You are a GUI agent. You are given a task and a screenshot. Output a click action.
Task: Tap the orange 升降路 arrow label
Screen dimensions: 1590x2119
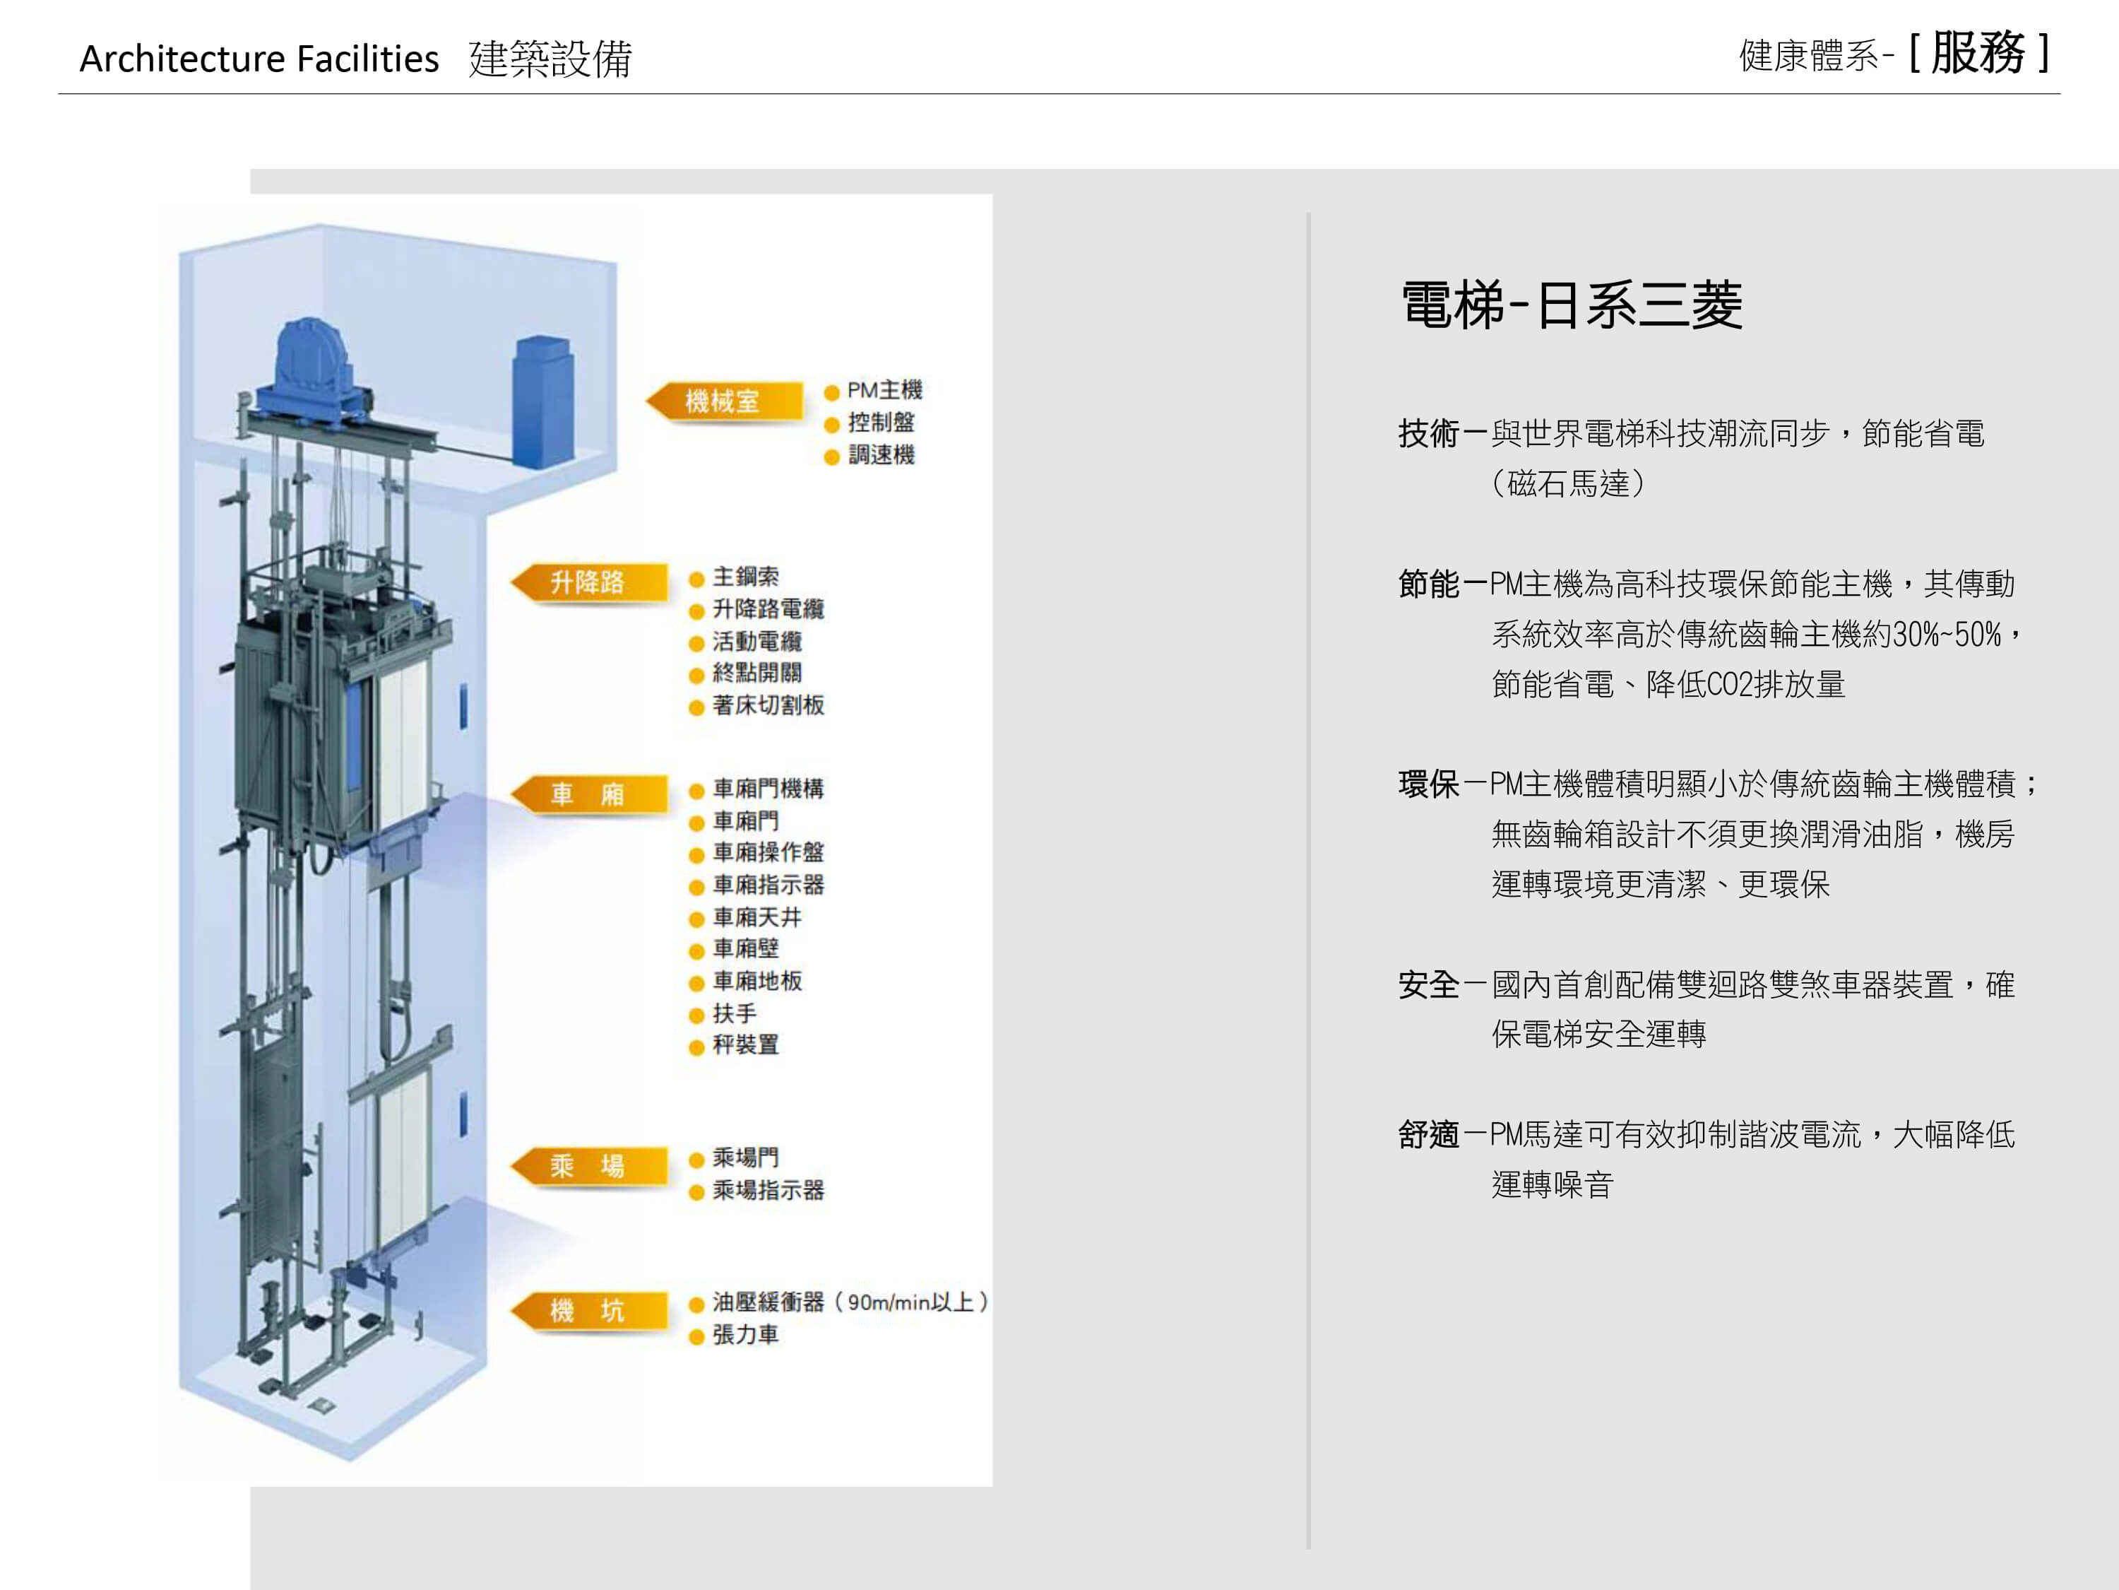[588, 582]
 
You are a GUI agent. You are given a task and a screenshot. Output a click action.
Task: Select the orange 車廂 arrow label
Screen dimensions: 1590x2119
[588, 794]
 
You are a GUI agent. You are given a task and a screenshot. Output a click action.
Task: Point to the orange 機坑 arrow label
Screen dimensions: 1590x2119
[588, 1310]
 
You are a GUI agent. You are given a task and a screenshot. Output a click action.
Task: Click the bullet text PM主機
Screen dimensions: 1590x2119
[884, 390]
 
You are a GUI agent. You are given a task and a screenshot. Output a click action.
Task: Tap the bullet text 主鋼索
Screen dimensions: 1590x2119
[745, 576]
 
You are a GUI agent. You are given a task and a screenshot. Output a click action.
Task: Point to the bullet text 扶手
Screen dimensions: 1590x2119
[735, 1013]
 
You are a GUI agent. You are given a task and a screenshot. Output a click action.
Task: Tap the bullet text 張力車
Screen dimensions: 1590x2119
[745, 1334]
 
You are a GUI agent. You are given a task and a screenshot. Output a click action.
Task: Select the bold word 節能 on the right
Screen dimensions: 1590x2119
[1428, 584]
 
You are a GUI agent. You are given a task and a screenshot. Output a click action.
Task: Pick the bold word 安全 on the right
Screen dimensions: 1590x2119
[1428, 984]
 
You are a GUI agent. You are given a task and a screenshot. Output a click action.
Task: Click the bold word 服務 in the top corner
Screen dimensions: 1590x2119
[1977, 53]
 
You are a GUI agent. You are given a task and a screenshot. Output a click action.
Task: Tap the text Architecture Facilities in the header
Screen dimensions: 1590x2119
[259, 59]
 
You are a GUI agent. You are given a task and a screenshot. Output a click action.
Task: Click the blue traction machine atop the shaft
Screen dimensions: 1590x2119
[313, 364]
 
